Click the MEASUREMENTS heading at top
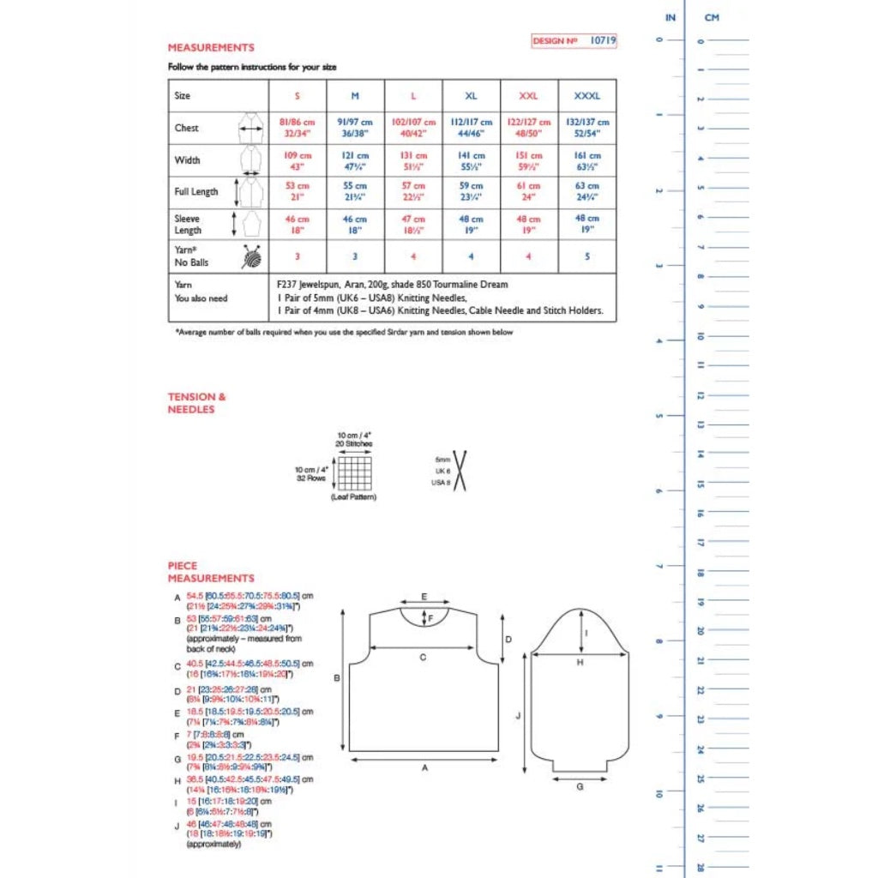(x=211, y=48)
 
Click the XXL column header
(x=529, y=96)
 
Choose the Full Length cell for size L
(x=413, y=192)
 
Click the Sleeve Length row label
(x=188, y=225)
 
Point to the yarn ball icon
(x=250, y=256)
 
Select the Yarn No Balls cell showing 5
(x=588, y=256)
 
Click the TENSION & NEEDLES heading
(x=192, y=403)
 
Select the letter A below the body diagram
(x=424, y=768)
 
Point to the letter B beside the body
(x=338, y=677)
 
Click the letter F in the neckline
(x=430, y=617)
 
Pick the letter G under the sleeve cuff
(x=580, y=785)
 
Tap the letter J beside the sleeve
(x=520, y=713)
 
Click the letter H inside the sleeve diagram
(x=580, y=663)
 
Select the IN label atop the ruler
(x=671, y=17)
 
